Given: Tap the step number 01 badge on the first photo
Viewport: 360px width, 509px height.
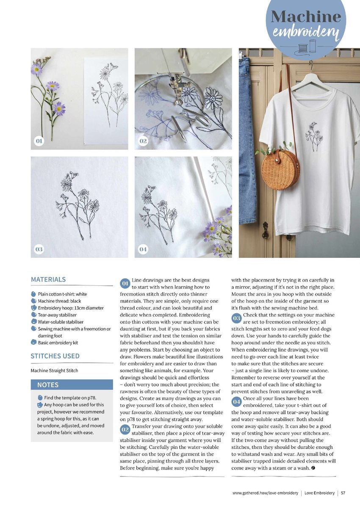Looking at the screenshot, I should tap(39, 141).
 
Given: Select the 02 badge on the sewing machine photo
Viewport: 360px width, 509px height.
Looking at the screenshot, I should tap(143, 141).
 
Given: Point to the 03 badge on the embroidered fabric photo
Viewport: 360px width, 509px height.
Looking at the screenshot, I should tap(39, 249).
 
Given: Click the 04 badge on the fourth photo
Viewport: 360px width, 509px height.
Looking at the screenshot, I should tap(143, 249).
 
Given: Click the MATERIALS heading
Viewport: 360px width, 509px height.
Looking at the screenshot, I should tap(48, 279).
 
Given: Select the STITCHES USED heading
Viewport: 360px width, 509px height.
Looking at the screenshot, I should tap(55, 356).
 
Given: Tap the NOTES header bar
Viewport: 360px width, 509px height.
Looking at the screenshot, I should tap(72, 385).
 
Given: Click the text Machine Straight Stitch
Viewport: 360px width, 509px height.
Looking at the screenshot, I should tap(54, 371).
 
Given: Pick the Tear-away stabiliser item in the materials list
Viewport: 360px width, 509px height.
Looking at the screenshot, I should tap(57, 315).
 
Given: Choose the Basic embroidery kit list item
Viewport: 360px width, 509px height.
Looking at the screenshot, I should tap(58, 343).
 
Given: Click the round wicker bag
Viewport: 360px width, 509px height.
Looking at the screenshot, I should tap(280, 169).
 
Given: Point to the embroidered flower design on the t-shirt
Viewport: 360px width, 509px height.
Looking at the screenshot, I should tap(314, 136).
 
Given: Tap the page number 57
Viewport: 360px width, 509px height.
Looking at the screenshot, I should tap(343, 493).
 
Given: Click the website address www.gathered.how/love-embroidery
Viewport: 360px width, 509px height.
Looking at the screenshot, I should tap(265, 493).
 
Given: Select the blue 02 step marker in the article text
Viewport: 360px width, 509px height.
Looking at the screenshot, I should tap(125, 429).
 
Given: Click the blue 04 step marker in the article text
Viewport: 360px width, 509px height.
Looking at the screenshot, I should tap(237, 401).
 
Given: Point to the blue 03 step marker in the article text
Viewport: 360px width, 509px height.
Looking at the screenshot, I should tap(237, 318).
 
